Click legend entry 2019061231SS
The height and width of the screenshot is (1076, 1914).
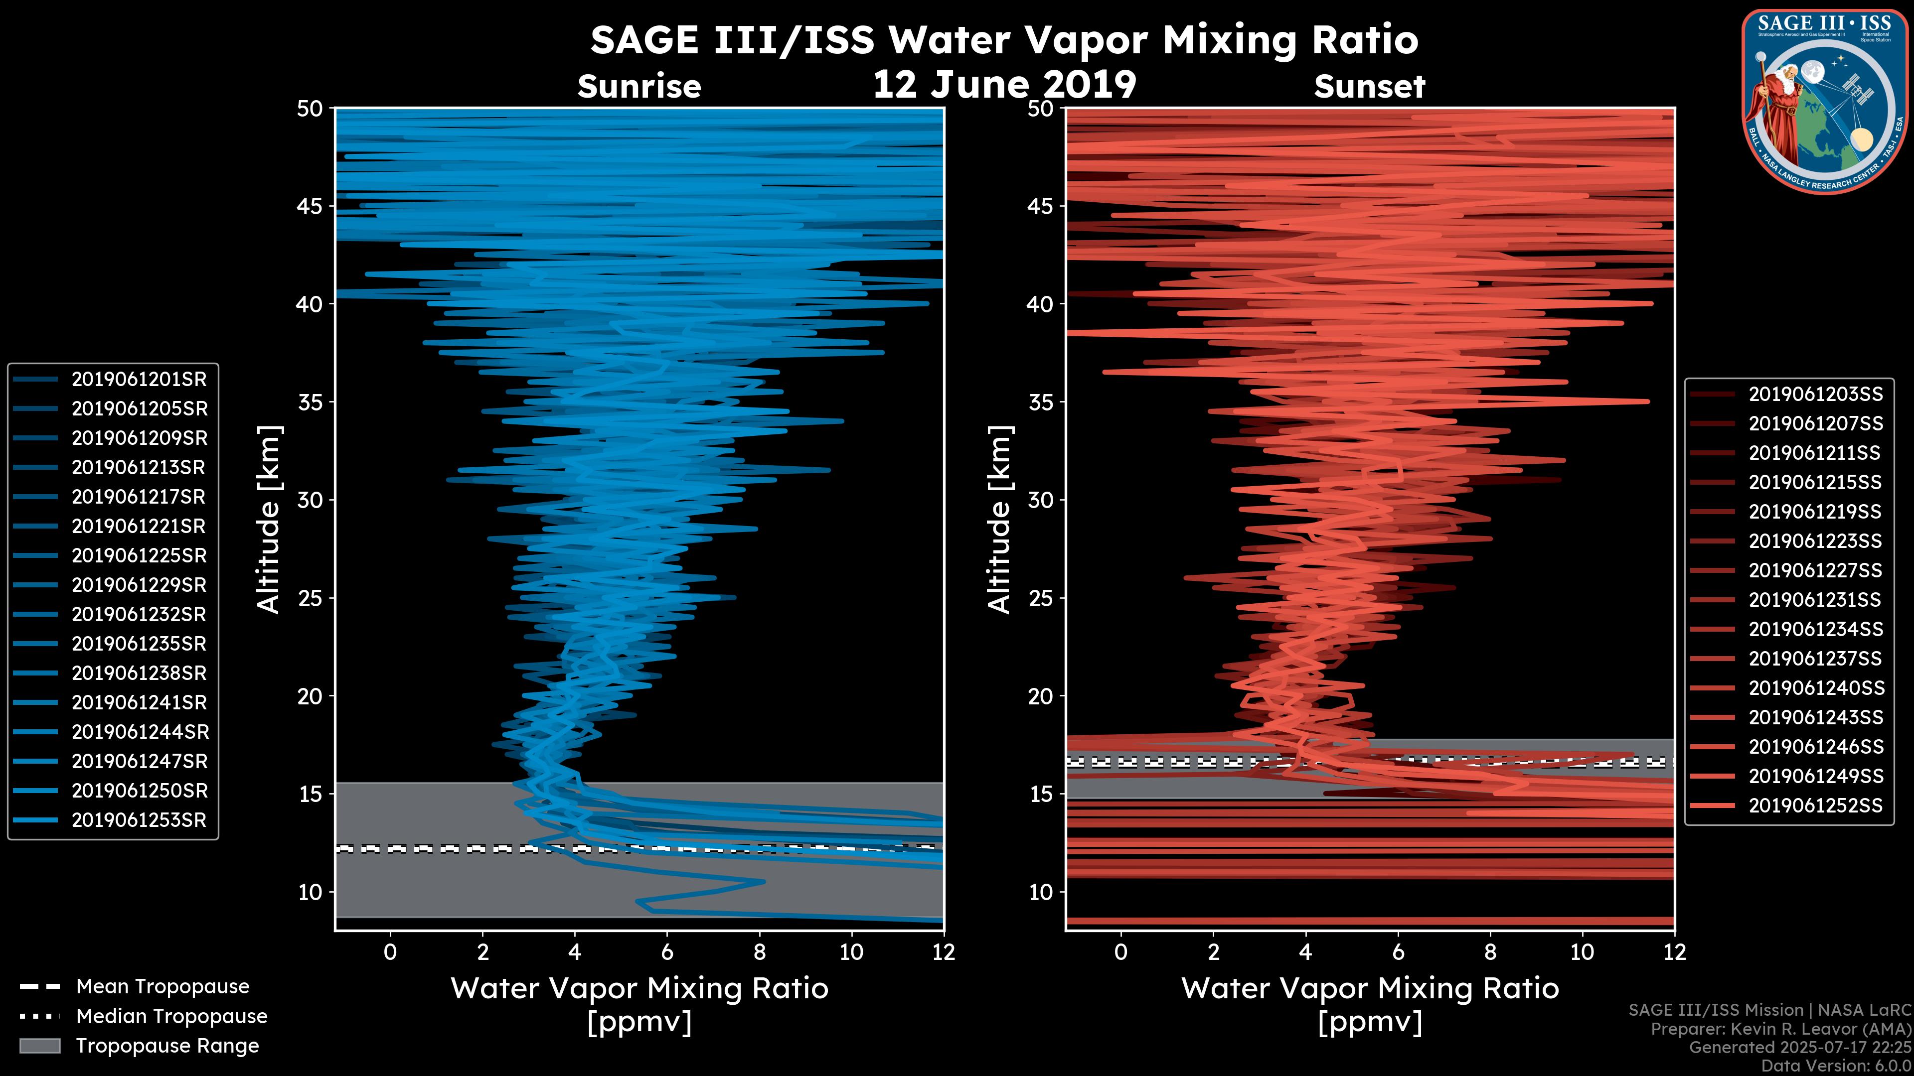(1814, 600)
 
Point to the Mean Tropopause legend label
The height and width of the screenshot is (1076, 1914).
(162, 987)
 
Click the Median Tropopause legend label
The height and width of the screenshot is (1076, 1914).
(171, 1017)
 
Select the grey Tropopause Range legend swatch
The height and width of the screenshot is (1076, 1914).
(39, 1046)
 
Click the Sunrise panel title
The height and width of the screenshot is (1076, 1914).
(639, 87)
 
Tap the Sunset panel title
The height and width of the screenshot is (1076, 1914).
(1369, 87)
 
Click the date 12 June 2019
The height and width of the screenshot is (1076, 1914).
(1004, 85)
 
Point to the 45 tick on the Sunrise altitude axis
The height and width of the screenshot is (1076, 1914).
(310, 206)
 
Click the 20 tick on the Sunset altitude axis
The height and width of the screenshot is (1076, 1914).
(1041, 696)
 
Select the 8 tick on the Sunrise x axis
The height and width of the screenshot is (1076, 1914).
(759, 952)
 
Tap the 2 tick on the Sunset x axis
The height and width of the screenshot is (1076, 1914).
(1213, 952)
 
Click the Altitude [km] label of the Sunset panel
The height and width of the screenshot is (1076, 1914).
(999, 519)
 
